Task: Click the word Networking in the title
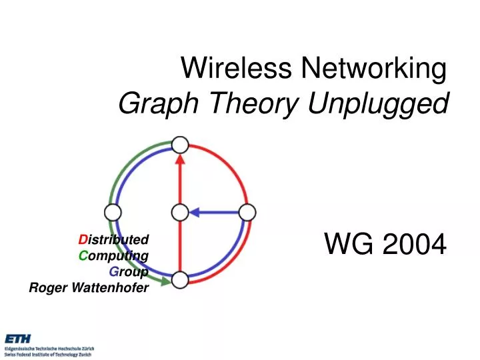[373, 67]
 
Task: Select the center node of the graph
[180, 213]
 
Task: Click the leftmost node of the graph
[113, 213]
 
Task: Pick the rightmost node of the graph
[247, 213]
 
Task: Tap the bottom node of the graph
[180, 280]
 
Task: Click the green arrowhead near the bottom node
[165, 280]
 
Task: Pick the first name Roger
[46, 287]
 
